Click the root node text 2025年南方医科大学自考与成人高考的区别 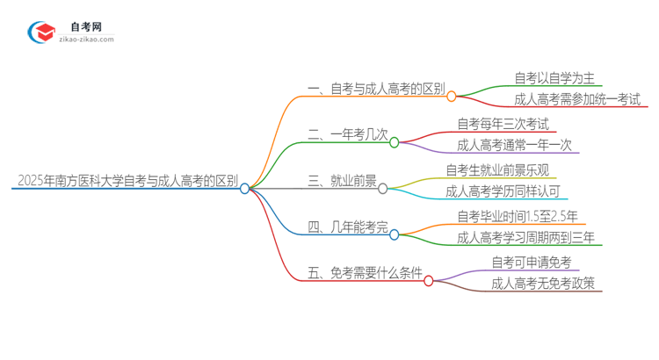coord(127,182)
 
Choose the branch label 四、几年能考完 coord(346,228)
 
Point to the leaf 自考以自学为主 coord(555,78)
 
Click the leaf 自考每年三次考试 coord(503,124)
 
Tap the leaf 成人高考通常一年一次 coord(514,146)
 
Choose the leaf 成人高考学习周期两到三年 coord(526,238)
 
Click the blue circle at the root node coord(245,188)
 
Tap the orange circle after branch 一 coord(452,96)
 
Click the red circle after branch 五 coord(429,281)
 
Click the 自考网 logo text coord(85,27)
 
